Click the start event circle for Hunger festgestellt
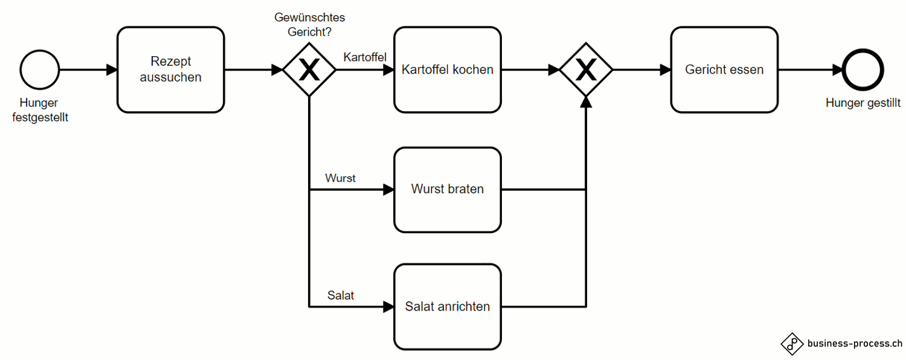point(40,69)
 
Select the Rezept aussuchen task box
point(170,69)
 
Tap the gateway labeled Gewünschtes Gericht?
point(309,70)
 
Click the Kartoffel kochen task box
point(448,69)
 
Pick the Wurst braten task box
point(448,189)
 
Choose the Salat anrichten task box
point(448,306)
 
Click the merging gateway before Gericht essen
point(586,70)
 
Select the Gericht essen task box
point(724,69)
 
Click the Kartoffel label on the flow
point(365,57)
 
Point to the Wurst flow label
point(340,178)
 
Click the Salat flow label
point(341,295)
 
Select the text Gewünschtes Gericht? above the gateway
point(309,24)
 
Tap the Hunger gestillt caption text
point(863,103)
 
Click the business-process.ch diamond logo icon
point(792,343)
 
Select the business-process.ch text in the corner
point(855,343)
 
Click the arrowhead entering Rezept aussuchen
point(112,69)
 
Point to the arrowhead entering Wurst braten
point(388,190)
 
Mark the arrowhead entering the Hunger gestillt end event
point(838,69)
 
